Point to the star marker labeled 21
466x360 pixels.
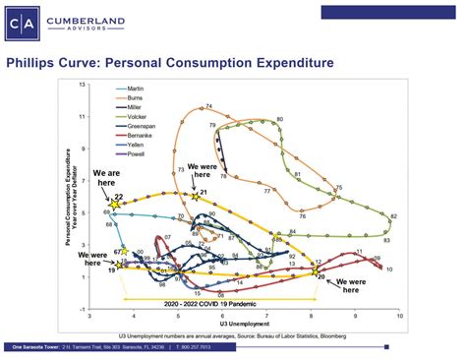pyautogui.click(x=195, y=197)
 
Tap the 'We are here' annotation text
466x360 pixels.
pyautogui.click(x=110, y=176)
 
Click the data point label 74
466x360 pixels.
pyautogui.click(x=208, y=107)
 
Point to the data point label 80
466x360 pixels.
pyautogui.click(x=279, y=119)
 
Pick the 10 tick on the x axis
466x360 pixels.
pyautogui.click(x=400, y=317)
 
